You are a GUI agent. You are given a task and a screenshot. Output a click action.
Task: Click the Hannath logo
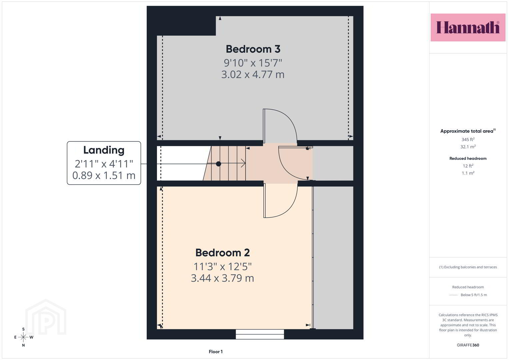[x=468, y=27]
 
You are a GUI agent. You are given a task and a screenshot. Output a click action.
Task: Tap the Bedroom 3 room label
[x=253, y=49]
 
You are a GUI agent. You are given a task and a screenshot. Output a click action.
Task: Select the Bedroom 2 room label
[x=222, y=253]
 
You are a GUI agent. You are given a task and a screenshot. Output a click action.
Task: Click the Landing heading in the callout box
[x=104, y=150]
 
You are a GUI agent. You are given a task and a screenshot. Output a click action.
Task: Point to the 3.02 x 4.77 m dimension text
[x=253, y=75]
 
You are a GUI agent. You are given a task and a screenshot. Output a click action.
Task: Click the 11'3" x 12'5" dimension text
[x=222, y=266]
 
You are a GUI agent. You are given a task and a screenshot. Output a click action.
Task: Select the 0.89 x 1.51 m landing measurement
[x=104, y=175]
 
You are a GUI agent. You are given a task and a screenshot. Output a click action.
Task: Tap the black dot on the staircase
[x=218, y=164]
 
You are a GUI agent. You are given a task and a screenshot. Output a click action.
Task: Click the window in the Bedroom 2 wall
[x=260, y=334]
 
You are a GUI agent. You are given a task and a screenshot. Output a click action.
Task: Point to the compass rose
[x=23, y=337]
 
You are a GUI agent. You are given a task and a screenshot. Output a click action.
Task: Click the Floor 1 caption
[x=216, y=352]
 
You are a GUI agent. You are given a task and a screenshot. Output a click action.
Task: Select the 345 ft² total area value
[x=468, y=139]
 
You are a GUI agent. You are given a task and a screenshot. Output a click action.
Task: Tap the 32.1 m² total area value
[x=468, y=147]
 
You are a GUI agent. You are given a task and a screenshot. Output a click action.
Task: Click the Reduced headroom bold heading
[x=468, y=158]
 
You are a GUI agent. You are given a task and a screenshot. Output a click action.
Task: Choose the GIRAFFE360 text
[x=468, y=345]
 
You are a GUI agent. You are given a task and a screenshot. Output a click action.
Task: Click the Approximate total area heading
[x=468, y=131]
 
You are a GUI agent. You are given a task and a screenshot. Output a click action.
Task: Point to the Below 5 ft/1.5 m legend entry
[x=468, y=295]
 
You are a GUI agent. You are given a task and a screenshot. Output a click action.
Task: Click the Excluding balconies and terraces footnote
[x=468, y=267]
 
